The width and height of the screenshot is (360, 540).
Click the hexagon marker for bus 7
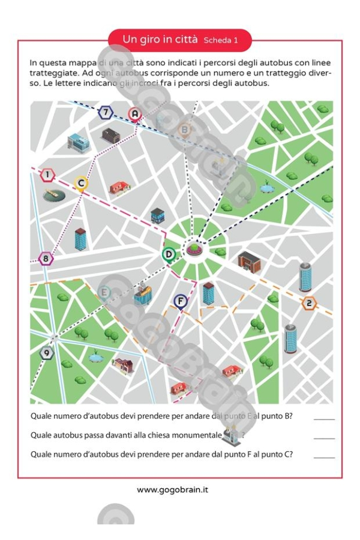click(x=106, y=112)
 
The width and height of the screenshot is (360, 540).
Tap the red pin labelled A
click(x=135, y=113)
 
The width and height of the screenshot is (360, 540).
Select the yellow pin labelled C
click(x=82, y=184)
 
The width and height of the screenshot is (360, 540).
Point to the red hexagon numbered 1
click(x=47, y=175)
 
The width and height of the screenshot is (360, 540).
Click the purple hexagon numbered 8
click(x=46, y=259)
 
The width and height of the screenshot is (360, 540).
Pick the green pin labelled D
click(x=169, y=254)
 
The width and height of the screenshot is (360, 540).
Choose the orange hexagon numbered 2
click(x=309, y=303)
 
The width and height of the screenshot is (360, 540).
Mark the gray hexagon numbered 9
click(x=46, y=353)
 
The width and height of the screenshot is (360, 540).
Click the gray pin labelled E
click(x=105, y=293)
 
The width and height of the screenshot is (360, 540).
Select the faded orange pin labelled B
click(x=185, y=129)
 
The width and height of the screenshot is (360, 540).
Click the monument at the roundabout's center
click(x=194, y=248)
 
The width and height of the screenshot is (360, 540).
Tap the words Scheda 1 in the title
click(x=221, y=41)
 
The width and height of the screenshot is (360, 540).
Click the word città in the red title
click(x=183, y=40)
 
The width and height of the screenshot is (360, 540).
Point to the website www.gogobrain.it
click(x=173, y=490)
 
